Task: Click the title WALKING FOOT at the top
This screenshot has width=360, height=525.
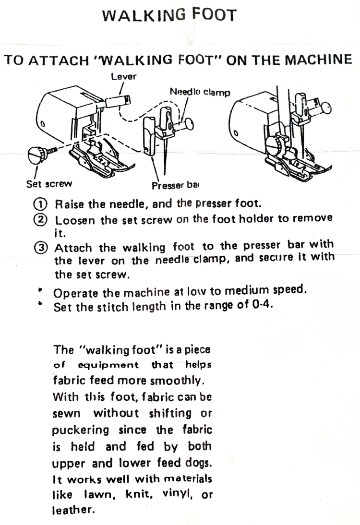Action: click(169, 15)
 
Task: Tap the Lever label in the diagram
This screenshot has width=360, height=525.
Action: click(123, 76)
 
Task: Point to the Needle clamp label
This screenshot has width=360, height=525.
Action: click(200, 91)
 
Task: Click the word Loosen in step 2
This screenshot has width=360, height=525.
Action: click(73, 221)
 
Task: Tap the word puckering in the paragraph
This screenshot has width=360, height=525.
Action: click(81, 430)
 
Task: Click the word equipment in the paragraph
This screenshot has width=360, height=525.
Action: click(108, 365)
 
